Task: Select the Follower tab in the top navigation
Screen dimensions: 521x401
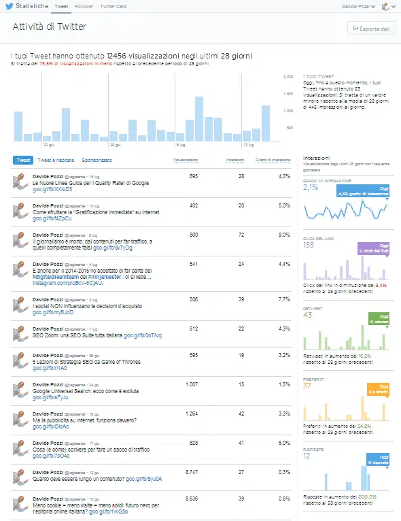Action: point(84,6)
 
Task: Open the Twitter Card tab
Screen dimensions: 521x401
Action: point(113,6)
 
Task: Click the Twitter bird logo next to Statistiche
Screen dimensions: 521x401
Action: point(9,6)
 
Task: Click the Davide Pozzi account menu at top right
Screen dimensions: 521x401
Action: point(358,7)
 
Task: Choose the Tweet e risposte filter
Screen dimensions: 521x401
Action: point(56,161)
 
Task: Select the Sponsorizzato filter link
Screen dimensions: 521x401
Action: point(97,161)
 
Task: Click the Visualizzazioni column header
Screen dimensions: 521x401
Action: point(186,161)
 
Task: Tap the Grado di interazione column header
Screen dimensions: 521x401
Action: point(273,161)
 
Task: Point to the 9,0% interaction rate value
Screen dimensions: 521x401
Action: point(283,235)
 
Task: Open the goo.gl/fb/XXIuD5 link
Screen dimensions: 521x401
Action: point(52,190)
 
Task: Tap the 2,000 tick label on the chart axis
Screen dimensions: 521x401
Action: point(287,77)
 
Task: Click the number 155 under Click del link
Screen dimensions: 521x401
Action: point(309,244)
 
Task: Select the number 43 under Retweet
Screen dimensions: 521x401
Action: point(307,315)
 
